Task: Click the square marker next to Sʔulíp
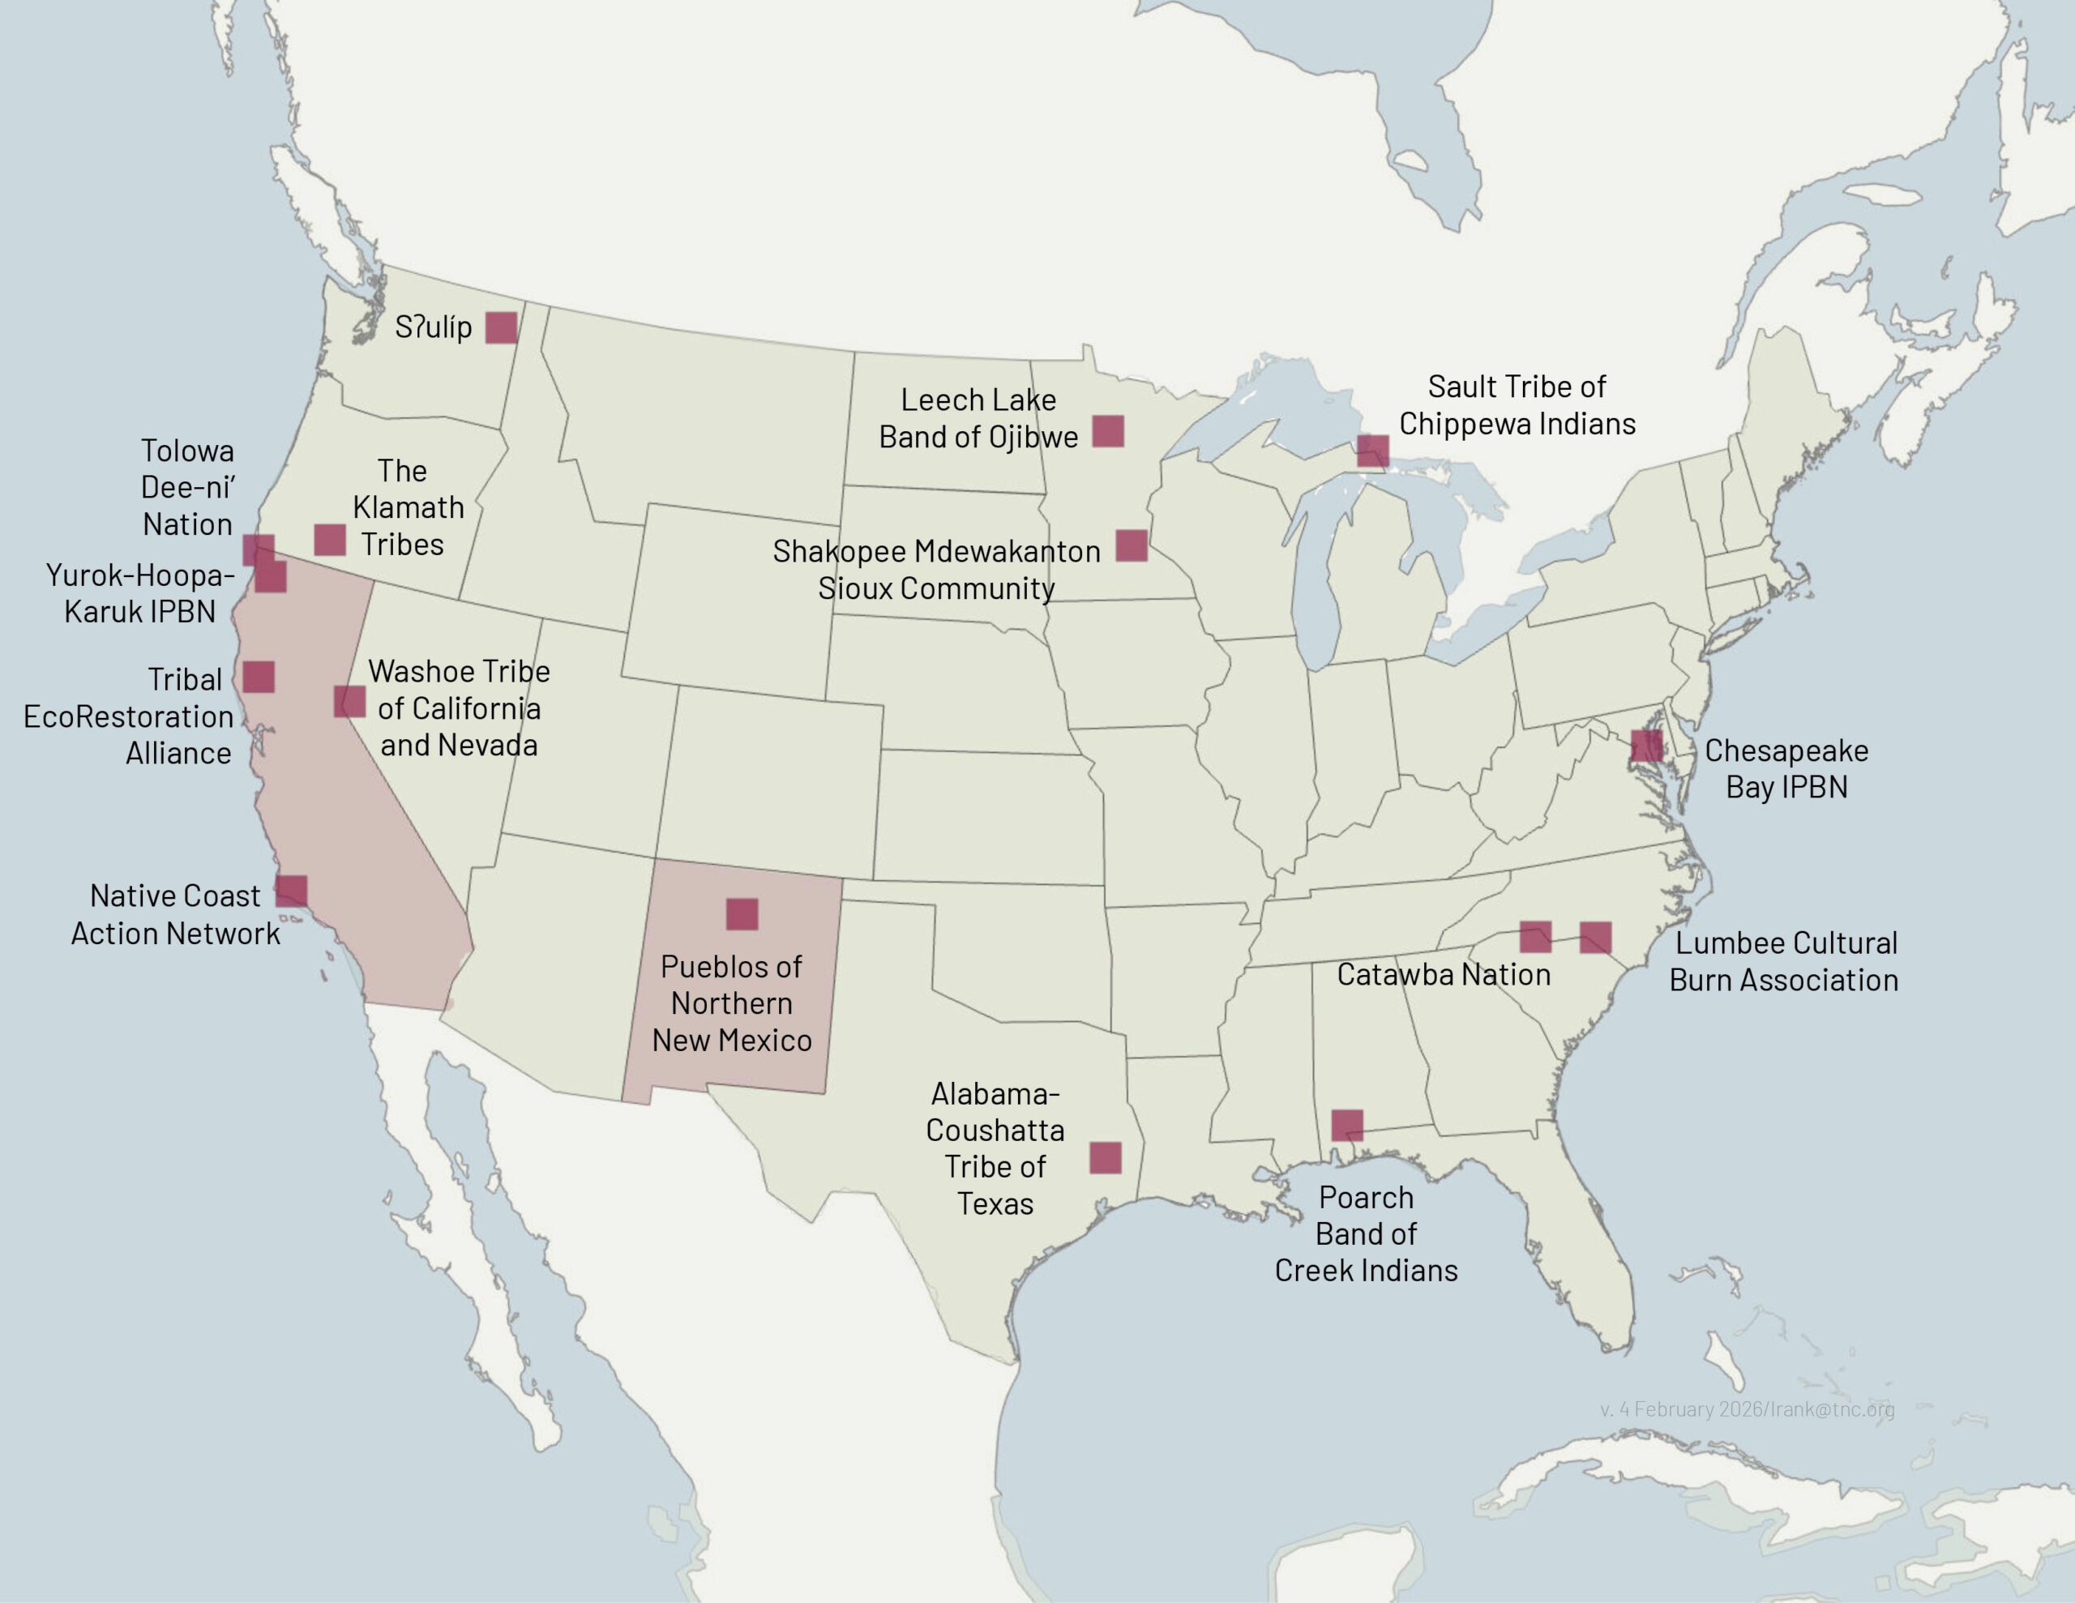pyautogui.click(x=502, y=327)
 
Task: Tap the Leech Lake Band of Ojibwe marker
pyautogui.click(x=1108, y=430)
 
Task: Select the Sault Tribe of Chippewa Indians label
pyautogui.click(x=1517, y=404)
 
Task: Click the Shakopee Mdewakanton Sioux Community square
pyautogui.click(x=1131, y=545)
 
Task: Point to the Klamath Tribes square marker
pyautogui.click(x=330, y=540)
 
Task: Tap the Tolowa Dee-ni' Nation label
pyautogui.click(x=187, y=487)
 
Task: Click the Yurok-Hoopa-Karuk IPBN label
pyautogui.click(x=139, y=593)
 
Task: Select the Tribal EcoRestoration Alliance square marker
pyautogui.click(x=259, y=677)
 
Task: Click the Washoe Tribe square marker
pyautogui.click(x=349, y=701)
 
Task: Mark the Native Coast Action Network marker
pyautogui.click(x=292, y=891)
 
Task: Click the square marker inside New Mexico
pyautogui.click(x=742, y=914)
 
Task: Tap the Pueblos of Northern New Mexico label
pyautogui.click(x=732, y=1003)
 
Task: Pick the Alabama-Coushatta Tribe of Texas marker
pyautogui.click(x=1105, y=1157)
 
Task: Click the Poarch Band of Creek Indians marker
pyautogui.click(x=1346, y=1125)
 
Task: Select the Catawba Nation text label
pyautogui.click(x=1444, y=974)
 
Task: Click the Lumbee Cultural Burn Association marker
pyautogui.click(x=1595, y=937)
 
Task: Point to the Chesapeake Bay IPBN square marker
pyautogui.click(x=1645, y=746)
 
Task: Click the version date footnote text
pyautogui.click(x=1746, y=1409)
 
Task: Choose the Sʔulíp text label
pyautogui.click(x=434, y=327)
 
